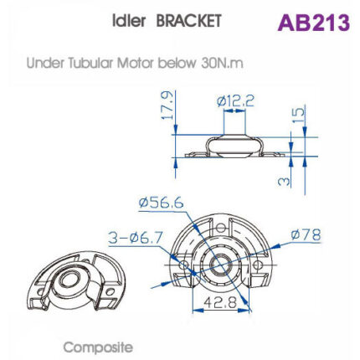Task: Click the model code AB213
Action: (313, 22)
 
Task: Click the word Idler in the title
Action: (129, 21)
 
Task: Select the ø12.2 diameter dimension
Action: (235, 101)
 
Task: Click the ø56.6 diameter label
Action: (162, 202)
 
